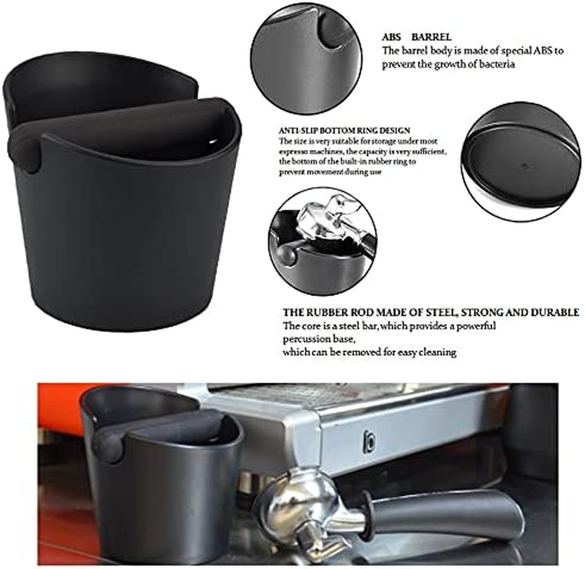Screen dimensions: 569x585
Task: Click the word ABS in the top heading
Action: [392, 36]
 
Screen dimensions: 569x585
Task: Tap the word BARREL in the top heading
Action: [434, 36]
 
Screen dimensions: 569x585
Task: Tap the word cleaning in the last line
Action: [432, 352]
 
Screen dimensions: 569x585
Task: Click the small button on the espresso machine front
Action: [369, 442]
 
